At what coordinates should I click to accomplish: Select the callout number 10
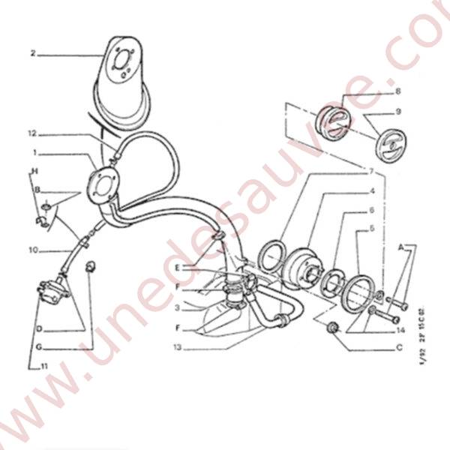point(34,250)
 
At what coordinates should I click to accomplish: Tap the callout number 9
point(398,111)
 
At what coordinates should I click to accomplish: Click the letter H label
point(33,171)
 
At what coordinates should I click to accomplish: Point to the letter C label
point(399,347)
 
